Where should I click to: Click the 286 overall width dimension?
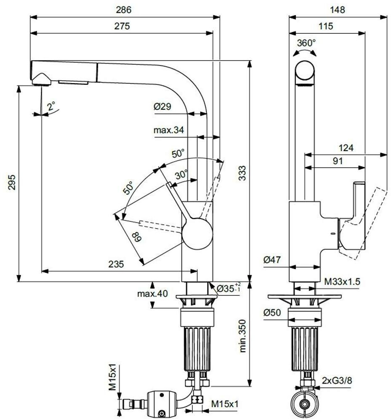[124, 10]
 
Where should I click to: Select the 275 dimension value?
[122, 26]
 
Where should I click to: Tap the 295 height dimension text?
[11, 182]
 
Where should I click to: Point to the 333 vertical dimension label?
[242, 173]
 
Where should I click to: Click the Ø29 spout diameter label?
[163, 106]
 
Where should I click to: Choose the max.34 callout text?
[169, 130]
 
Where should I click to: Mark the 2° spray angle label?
[51, 106]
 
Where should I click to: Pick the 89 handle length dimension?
[136, 237]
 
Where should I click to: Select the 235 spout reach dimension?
[116, 264]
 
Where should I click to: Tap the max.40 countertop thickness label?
[152, 294]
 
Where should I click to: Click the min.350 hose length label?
[242, 336]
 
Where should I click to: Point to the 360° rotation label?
[306, 43]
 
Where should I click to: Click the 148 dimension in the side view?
[337, 10]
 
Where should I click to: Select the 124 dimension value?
[346, 148]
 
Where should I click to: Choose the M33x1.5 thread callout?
[342, 281]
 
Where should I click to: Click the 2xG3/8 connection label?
[337, 380]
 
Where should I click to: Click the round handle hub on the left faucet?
[197, 234]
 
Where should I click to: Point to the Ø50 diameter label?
[272, 313]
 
